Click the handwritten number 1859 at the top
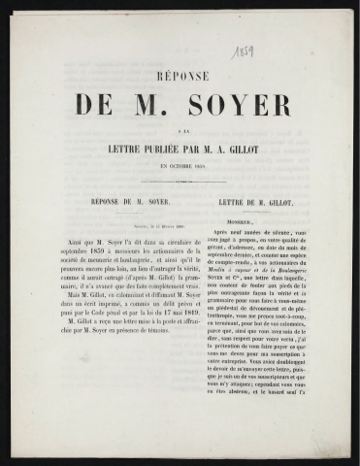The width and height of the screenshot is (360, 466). (242, 50)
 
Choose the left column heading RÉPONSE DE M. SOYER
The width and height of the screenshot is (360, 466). (128, 206)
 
